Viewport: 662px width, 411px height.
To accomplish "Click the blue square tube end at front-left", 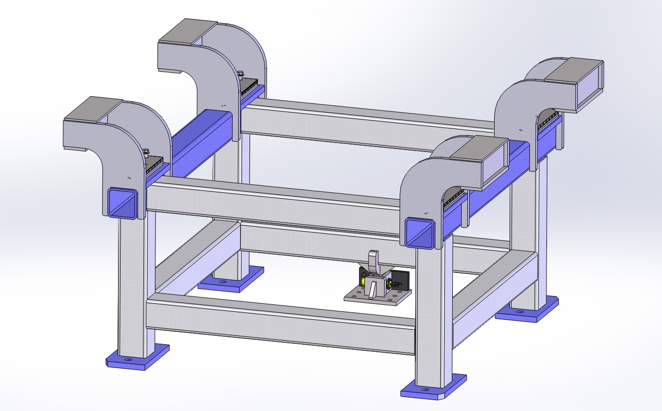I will tap(122, 203).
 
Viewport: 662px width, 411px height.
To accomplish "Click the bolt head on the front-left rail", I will tap(146, 152).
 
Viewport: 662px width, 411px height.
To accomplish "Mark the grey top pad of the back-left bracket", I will tap(188, 31).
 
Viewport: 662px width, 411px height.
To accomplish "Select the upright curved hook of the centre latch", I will tap(374, 262).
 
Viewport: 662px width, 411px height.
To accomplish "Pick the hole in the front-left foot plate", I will tap(128, 359).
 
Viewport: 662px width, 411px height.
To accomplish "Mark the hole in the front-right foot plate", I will tap(424, 389).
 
